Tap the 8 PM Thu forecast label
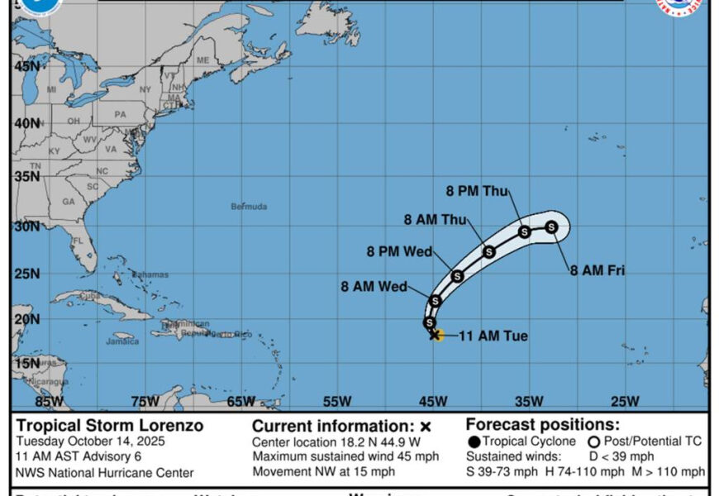[x=478, y=191]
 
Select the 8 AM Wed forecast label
[x=374, y=287]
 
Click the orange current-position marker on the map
[x=436, y=335]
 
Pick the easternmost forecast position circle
[x=551, y=227]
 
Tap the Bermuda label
[x=249, y=206]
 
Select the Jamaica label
[x=122, y=341]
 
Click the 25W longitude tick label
[x=624, y=402]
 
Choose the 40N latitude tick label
[x=27, y=123]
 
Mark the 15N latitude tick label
[x=26, y=363]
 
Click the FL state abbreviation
[x=78, y=241]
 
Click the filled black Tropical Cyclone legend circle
[x=474, y=441]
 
